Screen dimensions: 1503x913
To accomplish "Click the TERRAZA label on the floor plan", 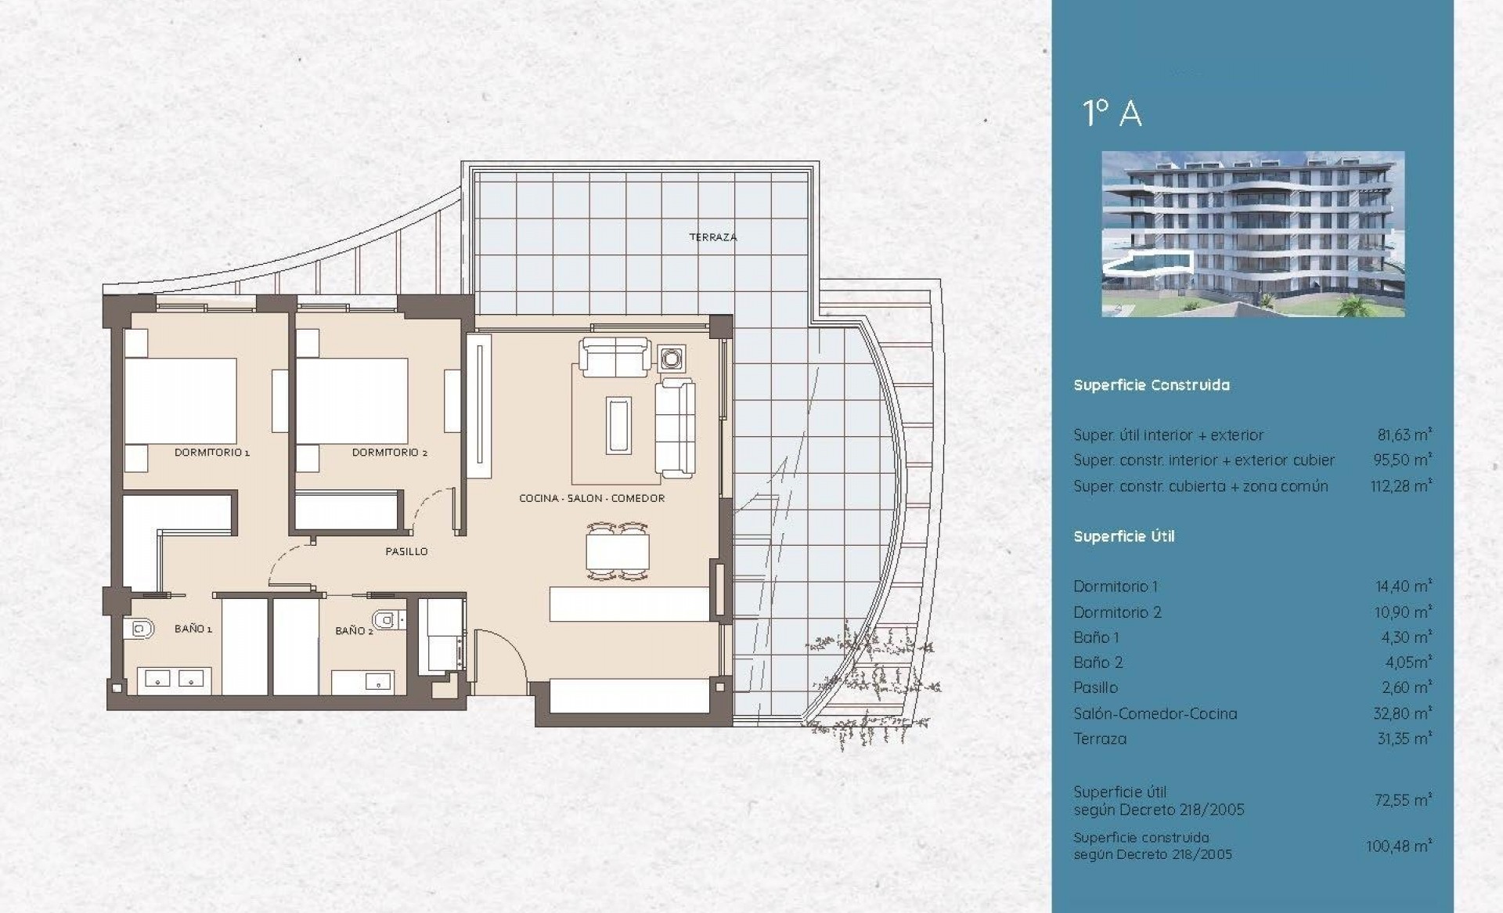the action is [712, 237].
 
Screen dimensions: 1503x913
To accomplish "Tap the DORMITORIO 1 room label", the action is [211, 453].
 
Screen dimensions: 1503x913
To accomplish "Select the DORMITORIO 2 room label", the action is [389, 453].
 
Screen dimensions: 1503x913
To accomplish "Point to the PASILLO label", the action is [406, 551].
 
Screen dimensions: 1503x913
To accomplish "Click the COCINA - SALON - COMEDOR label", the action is [592, 498].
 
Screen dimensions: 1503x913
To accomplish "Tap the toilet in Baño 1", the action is [138, 628].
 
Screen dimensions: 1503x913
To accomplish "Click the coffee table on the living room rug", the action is [618, 425].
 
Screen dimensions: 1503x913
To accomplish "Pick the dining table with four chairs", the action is [618, 551].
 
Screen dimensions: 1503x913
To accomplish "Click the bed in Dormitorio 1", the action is [181, 400].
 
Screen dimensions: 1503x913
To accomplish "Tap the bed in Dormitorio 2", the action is [352, 400].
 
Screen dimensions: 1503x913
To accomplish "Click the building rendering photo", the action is [1252, 234].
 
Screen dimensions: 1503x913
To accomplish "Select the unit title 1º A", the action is [1112, 114].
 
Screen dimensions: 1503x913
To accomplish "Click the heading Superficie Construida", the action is [1152, 385].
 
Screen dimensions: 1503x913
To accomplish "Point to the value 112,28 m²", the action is [1401, 485].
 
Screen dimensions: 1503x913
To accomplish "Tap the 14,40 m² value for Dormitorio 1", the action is [1404, 586].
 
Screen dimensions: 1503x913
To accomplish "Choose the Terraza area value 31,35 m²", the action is [1405, 738].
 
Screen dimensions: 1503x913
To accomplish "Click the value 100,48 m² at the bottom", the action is [1400, 846].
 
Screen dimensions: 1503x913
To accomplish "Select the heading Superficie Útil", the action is [1124, 536].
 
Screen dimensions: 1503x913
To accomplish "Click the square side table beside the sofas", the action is [672, 359].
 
